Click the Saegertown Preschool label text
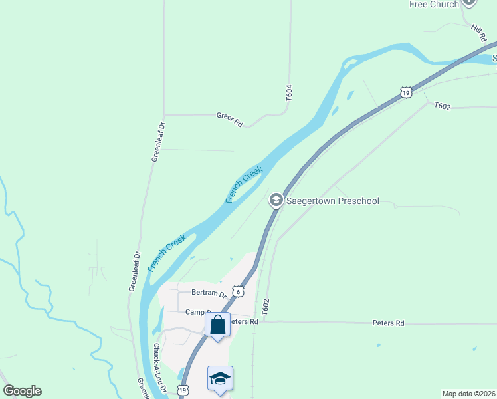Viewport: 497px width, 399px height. pos(332,201)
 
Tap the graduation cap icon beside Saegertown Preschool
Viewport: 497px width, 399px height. pos(276,200)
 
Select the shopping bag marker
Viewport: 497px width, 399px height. pos(217,325)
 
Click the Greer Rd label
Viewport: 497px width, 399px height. pos(230,116)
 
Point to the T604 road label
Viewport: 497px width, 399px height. pos(289,92)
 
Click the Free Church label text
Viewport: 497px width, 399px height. pos(434,5)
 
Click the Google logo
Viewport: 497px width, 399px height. pos(22,391)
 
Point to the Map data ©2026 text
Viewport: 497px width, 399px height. pos(468,393)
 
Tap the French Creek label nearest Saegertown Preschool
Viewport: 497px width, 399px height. pos(244,185)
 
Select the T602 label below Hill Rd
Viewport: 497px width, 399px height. pos(443,106)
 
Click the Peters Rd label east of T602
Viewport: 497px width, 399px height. pos(390,323)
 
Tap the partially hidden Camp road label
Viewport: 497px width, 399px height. pos(198,312)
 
